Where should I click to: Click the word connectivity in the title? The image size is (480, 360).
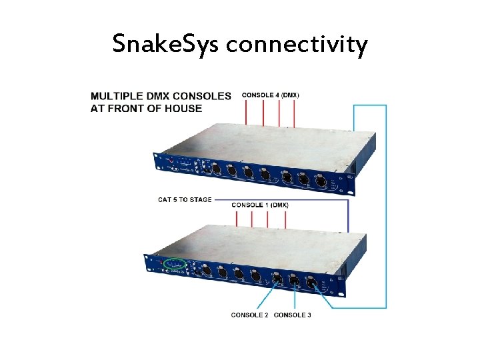click(x=297, y=45)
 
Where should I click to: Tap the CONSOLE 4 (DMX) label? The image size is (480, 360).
click(x=270, y=95)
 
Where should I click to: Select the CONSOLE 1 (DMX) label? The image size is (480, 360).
click(x=260, y=205)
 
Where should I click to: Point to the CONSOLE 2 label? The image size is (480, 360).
click(x=250, y=315)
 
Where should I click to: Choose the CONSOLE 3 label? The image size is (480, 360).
click(x=293, y=315)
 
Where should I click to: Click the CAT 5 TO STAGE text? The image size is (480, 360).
click(x=185, y=199)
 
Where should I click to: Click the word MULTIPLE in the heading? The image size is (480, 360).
click(x=121, y=96)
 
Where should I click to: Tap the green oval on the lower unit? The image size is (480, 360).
click(x=176, y=264)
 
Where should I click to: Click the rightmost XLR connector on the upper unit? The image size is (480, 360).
click(x=319, y=180)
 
